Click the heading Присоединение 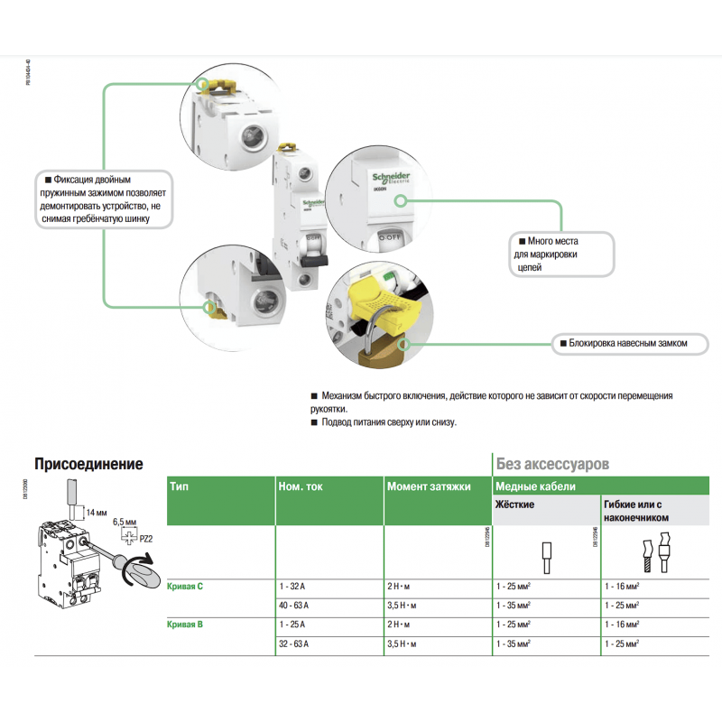tap(88, 464)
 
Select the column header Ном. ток tap(300, 486)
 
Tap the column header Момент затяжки tap(429, 486)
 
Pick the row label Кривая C tap(186, 587)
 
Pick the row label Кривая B tap(186, 625)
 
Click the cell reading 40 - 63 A tap(294, 605)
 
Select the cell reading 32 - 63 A tap(294, 643)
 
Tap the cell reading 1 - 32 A tap(292, 587)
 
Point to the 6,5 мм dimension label tap(125, 523)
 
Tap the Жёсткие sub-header tap(515, 504)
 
